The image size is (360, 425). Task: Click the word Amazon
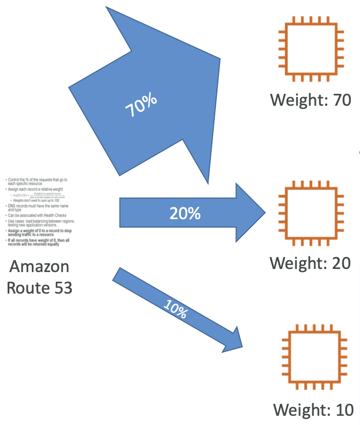point(39,267)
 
